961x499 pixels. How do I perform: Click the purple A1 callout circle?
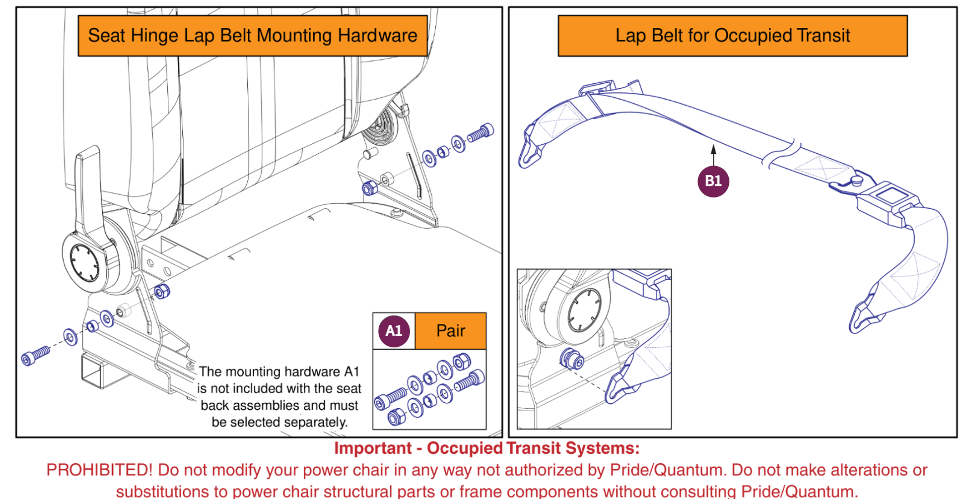[x=394, y=331]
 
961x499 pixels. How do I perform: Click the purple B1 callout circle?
[x=713, y=181]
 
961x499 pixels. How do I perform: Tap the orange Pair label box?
[x=450, y=331]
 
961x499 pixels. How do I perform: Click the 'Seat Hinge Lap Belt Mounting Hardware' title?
[x=252, y=36]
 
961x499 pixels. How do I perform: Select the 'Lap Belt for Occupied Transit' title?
[x=732, y=36]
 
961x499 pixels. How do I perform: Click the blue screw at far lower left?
[x=35, y=355]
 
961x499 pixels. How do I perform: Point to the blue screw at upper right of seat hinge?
[x=481, y=133]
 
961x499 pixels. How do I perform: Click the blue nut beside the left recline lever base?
[x=162, y=291]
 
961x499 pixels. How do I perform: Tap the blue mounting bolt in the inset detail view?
[x=572, y=359]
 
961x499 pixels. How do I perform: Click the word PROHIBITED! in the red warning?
[x=99, y=470]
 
